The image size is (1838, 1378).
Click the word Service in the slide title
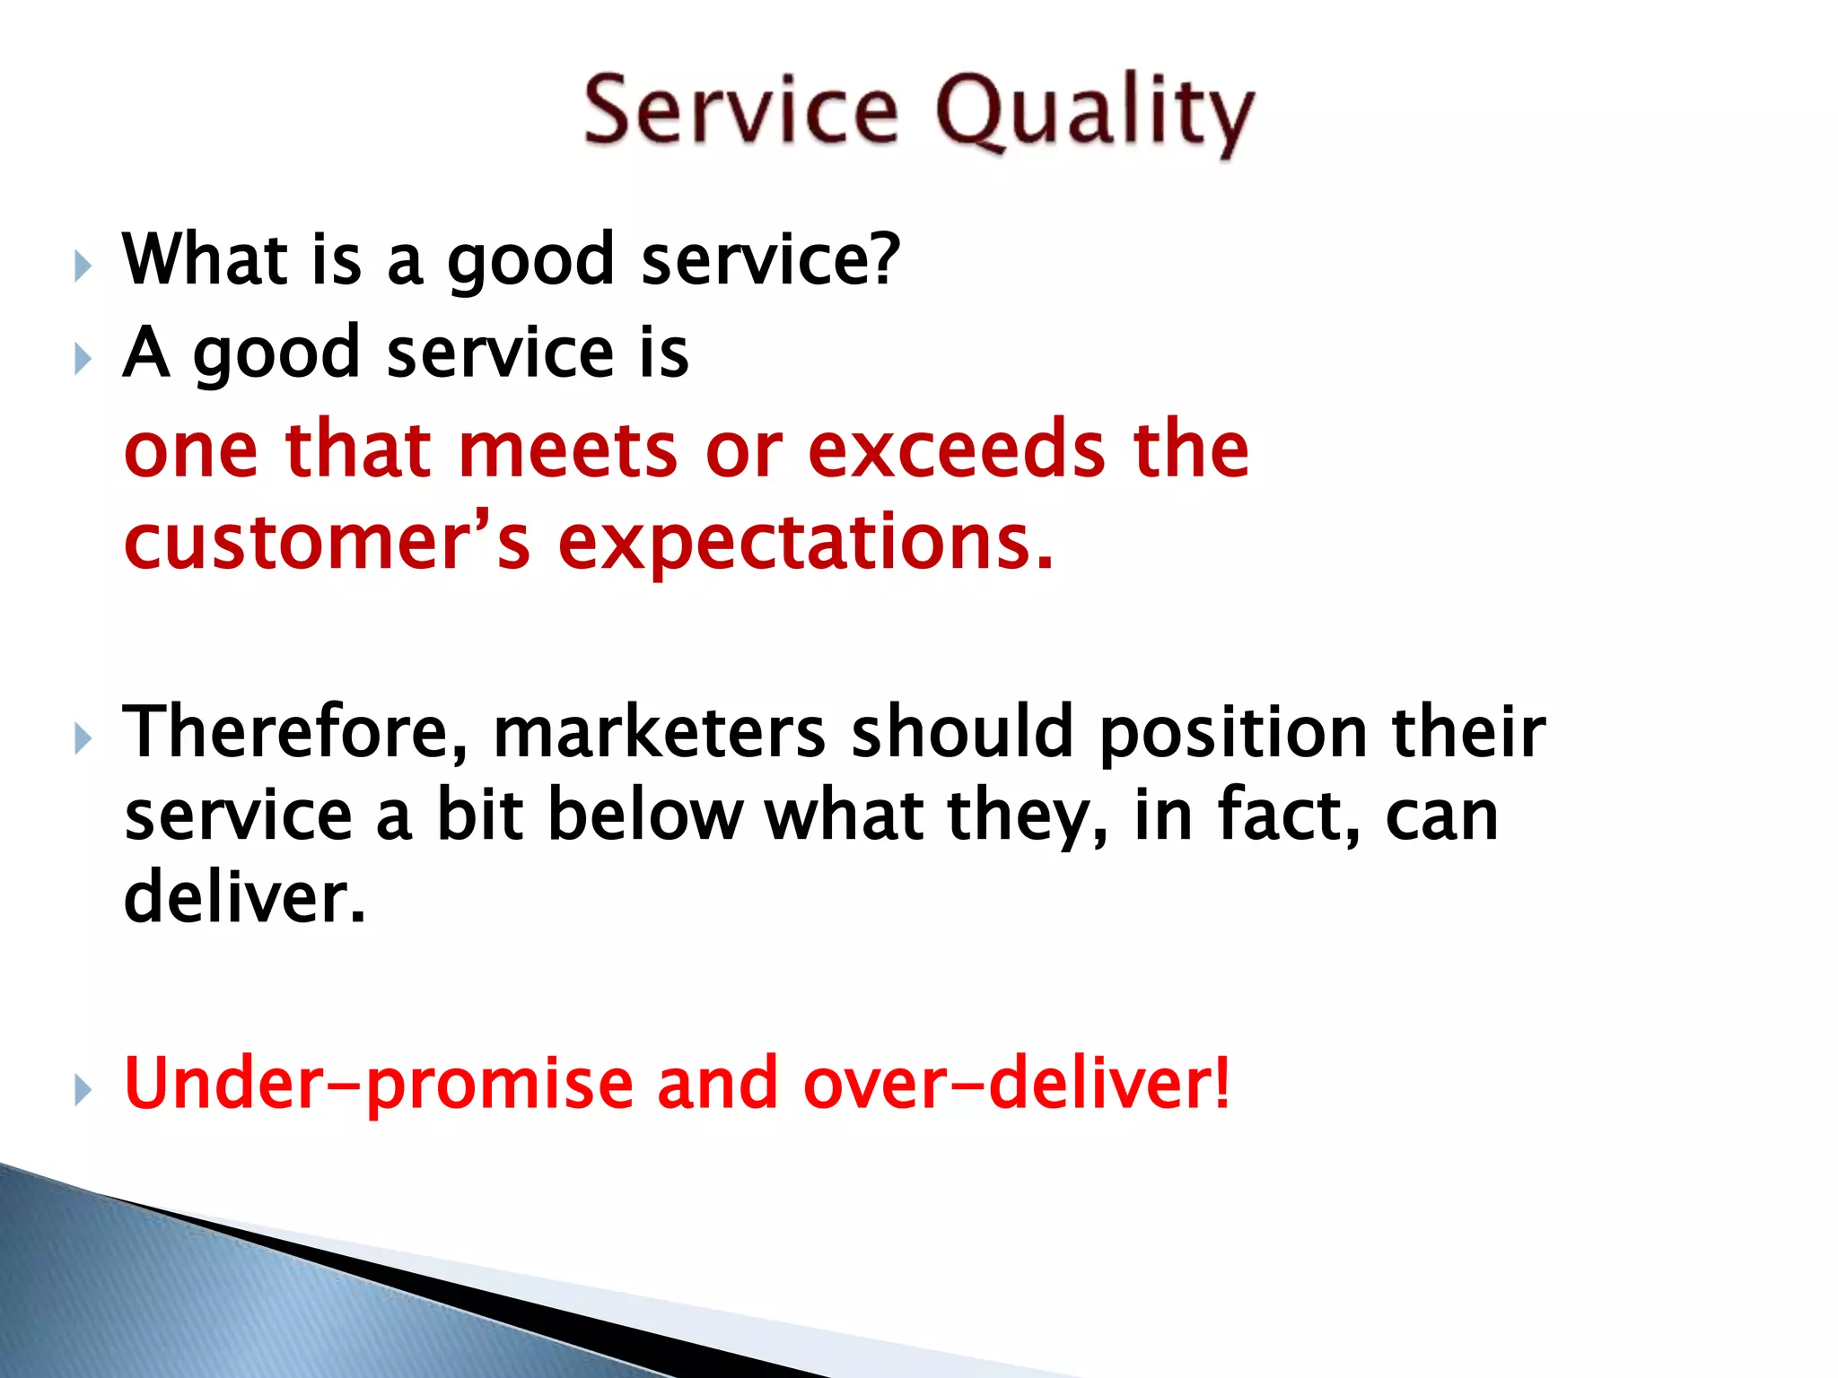tap(740, 111)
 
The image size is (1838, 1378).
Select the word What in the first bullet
tap(205, 259)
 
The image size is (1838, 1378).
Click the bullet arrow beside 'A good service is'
tap(83, 360)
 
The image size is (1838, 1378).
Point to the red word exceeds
tap(956, 449)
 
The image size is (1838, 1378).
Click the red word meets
tap(567, 449)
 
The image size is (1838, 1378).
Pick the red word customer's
tap(327, 543)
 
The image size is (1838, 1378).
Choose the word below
tap(644, 815)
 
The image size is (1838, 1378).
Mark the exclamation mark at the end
tap(1221, 1083)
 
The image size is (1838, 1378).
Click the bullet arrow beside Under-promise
tap(83, 1091)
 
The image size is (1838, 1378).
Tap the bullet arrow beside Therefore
tap(83, 740)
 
